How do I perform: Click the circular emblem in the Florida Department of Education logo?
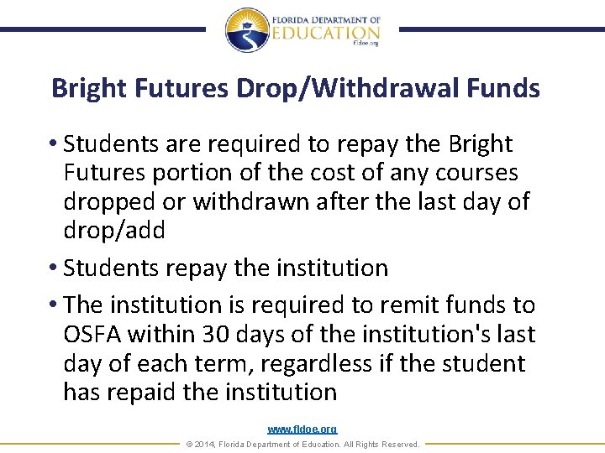coord(246,30)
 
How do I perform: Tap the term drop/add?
coord(114,231)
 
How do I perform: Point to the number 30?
coord(215,335)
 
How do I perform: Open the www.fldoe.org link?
coord(302,430)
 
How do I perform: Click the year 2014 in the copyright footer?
coord(208,444)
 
